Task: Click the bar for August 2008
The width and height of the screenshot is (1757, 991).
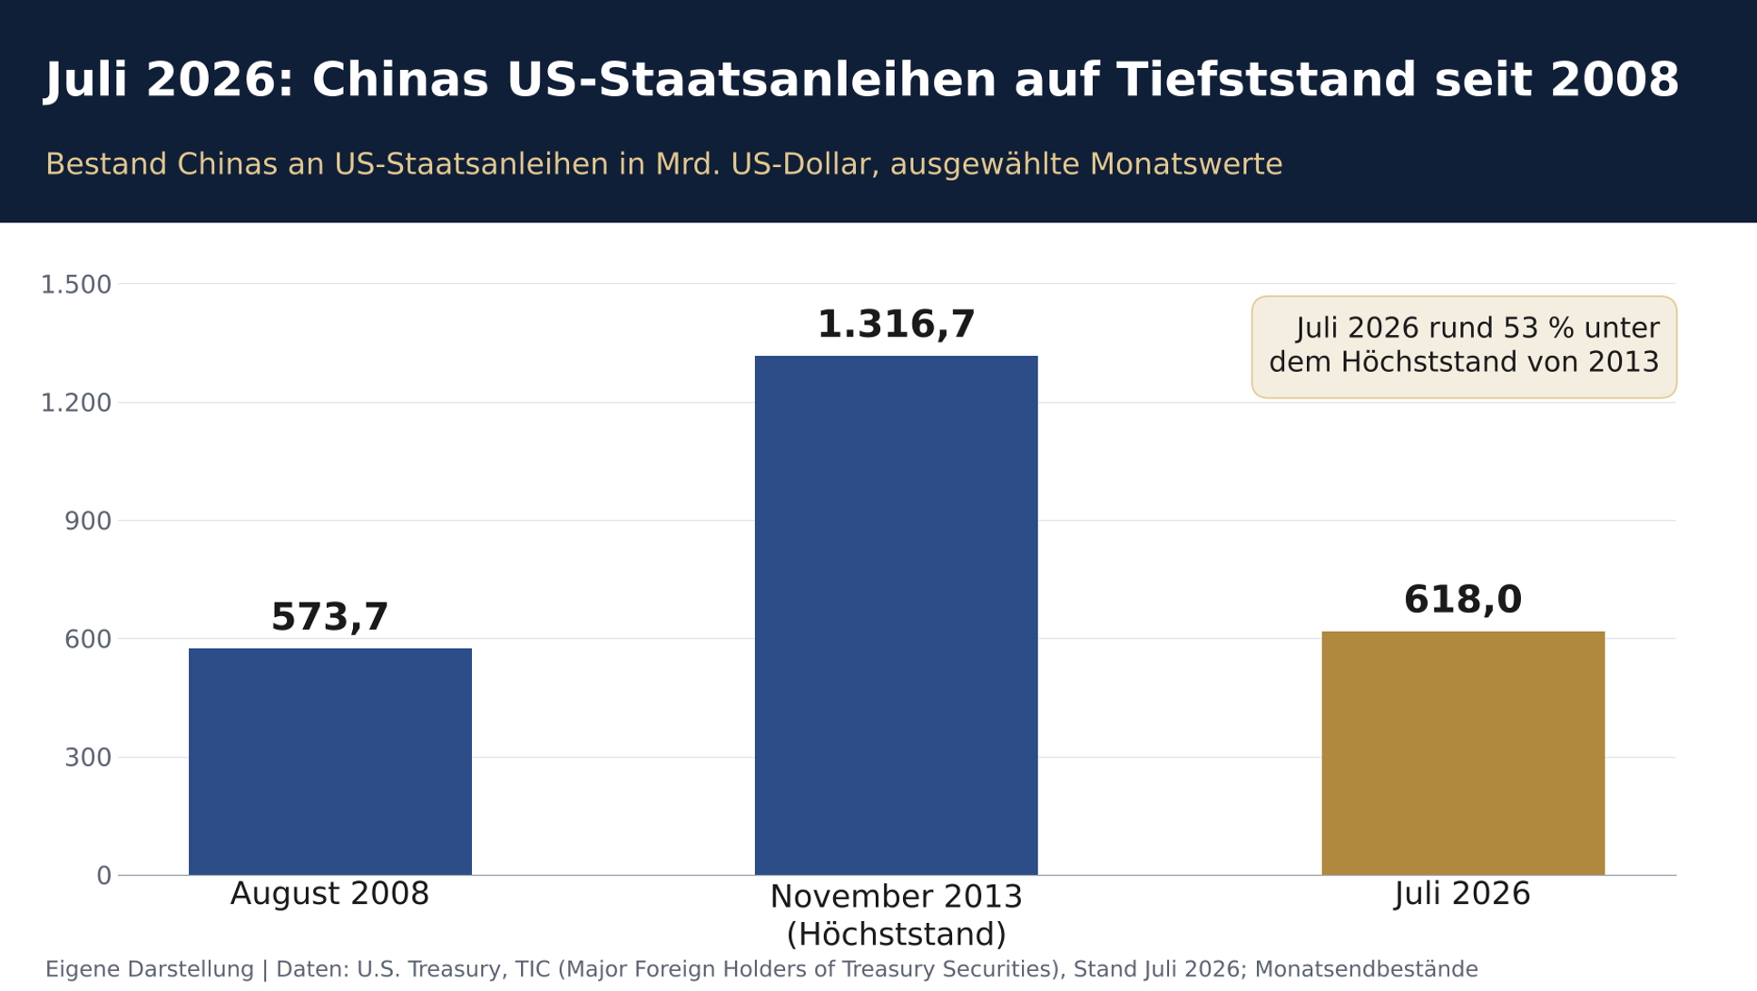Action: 330,761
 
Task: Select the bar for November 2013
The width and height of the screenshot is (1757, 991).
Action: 896,615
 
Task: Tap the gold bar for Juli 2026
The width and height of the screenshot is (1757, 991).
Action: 1463,753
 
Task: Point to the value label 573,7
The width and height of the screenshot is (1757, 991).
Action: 330,618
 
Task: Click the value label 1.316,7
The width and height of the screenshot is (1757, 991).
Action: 896,326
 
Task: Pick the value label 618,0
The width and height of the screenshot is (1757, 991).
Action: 1463,601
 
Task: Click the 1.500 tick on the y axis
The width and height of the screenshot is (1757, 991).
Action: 76,285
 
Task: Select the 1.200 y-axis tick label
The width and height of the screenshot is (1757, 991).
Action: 76,403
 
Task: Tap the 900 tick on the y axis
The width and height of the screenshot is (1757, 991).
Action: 88,521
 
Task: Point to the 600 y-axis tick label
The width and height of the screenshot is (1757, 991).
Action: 88,639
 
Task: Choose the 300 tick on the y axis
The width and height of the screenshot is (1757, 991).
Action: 88,758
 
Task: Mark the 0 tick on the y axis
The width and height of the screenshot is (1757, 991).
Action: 104,876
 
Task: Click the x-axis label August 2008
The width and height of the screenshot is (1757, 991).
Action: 330,894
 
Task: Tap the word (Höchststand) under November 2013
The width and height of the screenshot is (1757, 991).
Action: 896,935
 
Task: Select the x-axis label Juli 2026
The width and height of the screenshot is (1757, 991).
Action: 1463,894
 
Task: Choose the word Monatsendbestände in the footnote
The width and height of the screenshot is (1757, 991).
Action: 1366,969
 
